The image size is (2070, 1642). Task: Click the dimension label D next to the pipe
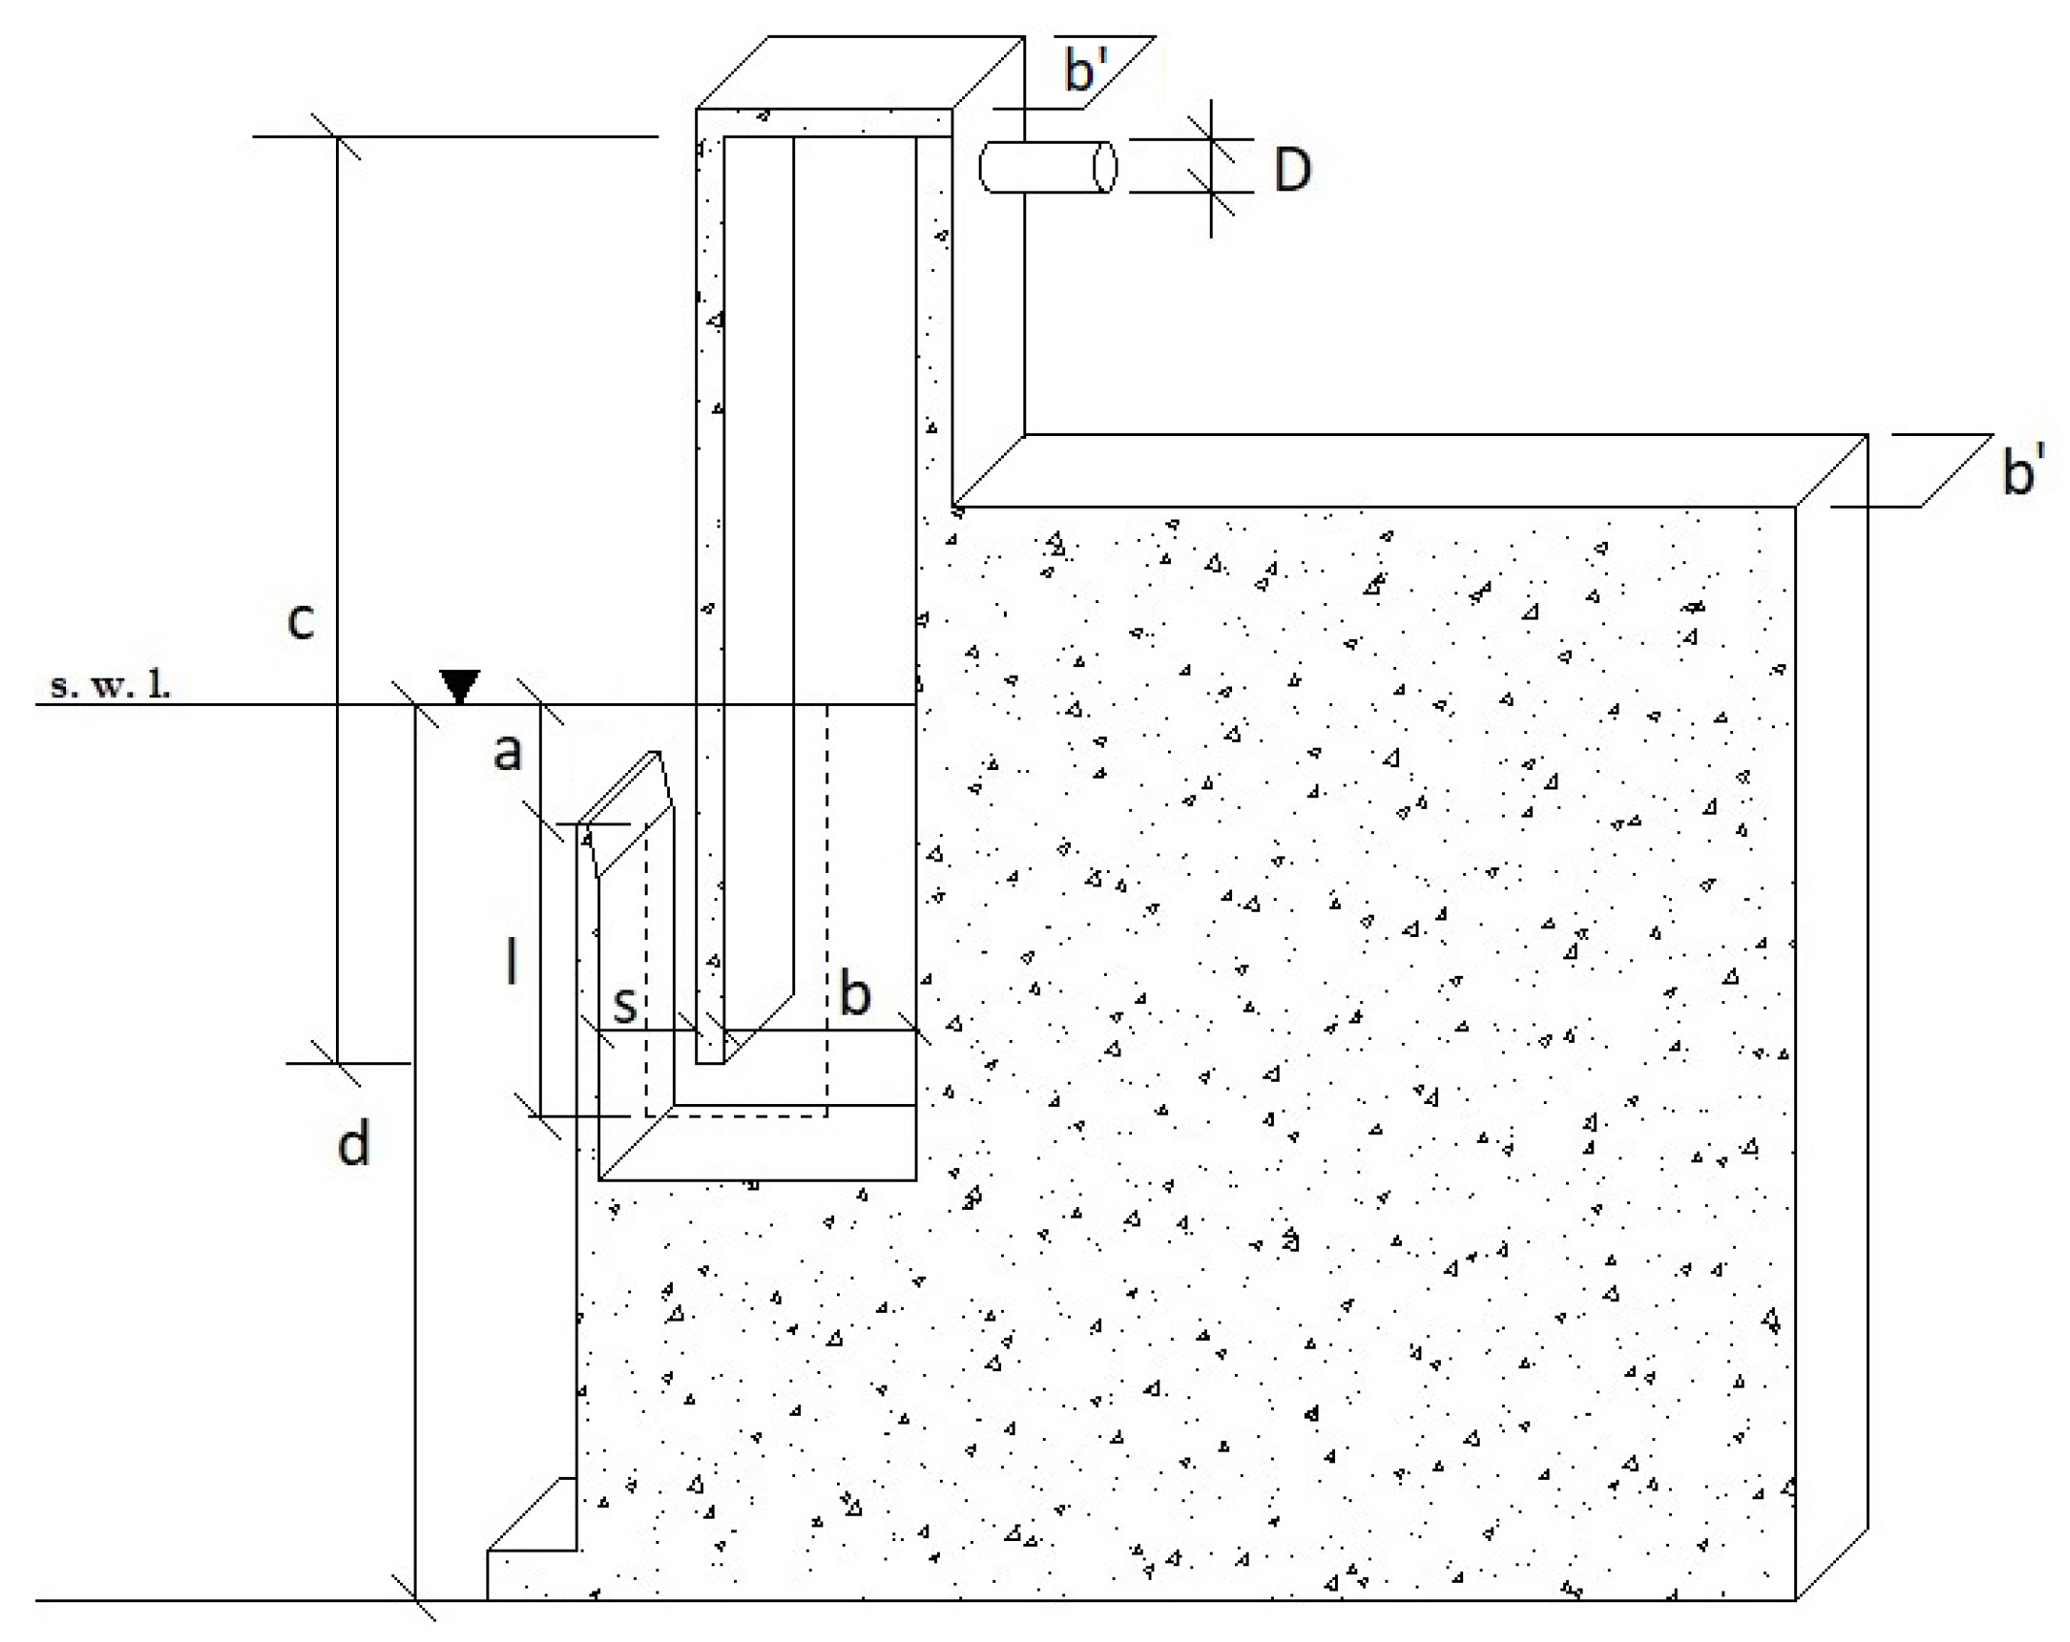pos(1291,170)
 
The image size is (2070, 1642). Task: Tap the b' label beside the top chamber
pos(1086,70)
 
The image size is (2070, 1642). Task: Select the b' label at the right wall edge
pos(2023,471)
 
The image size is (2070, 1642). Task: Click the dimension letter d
pos(353,1143)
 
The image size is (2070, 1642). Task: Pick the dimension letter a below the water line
pos(507,751)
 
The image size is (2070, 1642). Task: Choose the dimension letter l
pos(511,964)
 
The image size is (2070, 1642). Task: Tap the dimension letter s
pos(625,1004)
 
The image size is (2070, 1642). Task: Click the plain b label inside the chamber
pos(854,994)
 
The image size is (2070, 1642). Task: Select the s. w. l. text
pos(110,686)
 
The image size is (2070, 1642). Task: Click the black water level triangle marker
pos(459,685)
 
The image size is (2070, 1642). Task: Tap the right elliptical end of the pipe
pos(1105,167)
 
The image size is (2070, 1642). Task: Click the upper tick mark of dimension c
pos(337,137)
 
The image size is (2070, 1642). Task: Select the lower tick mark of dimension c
pos(337,1063)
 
